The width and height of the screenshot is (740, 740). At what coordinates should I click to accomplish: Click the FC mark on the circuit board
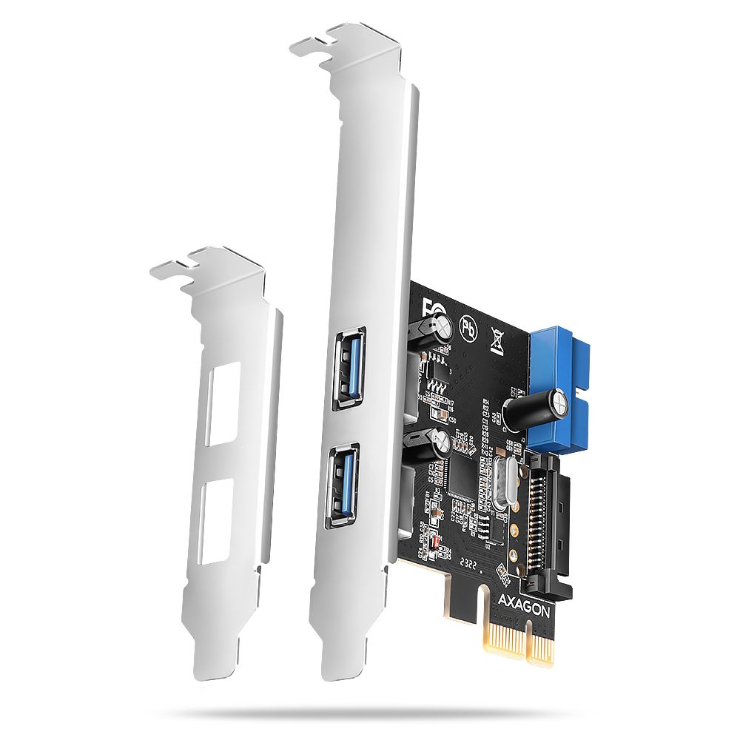pos(428,307)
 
